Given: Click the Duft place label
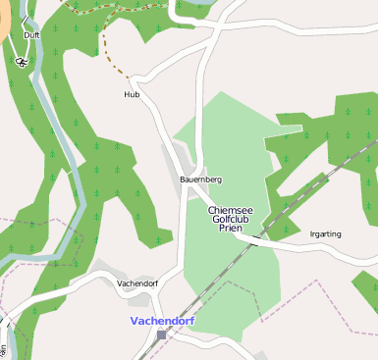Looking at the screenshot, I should tap(31, 34).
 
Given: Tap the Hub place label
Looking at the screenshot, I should tap(132, 95).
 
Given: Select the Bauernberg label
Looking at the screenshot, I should tap(201, 180).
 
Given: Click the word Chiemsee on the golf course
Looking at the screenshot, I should tap(232, 210).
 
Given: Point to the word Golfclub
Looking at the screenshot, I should tap(232, 219).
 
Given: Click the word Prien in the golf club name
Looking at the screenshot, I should tap(231, 228).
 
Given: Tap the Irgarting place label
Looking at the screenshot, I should tap(325, 234).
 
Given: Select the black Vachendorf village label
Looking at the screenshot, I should tap(136, 283).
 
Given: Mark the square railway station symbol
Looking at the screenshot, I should tap(161, 334).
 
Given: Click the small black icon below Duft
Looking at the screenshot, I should tap(22, 62).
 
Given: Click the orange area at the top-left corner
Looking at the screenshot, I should tap(5, 25).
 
